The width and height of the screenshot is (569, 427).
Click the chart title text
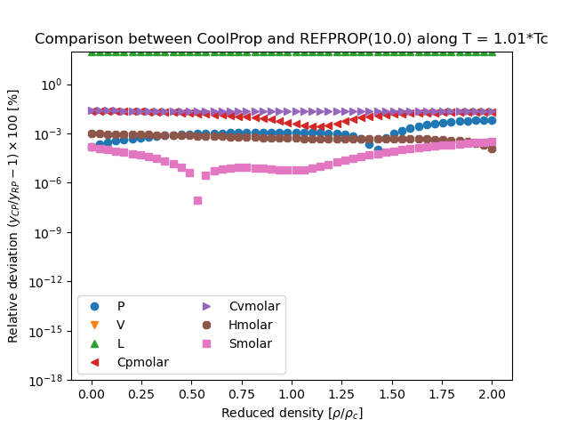point(291,39)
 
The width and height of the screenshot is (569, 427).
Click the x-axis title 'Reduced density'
point(291,413)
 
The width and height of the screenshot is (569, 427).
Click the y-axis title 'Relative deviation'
point(13,215)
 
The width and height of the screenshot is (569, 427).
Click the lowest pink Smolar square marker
point(197,200)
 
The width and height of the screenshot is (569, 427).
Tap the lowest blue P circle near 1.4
point(378,149)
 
